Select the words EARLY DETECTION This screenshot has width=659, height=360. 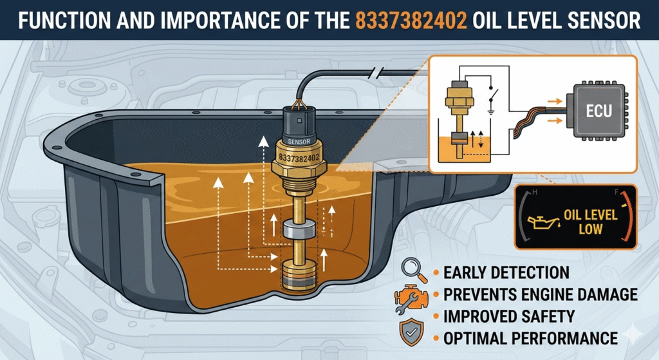click(x=506, y=272)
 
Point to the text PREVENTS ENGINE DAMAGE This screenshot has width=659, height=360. click(x=541, y=294)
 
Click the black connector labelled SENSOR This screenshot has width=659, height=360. click(x=299, y=123)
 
